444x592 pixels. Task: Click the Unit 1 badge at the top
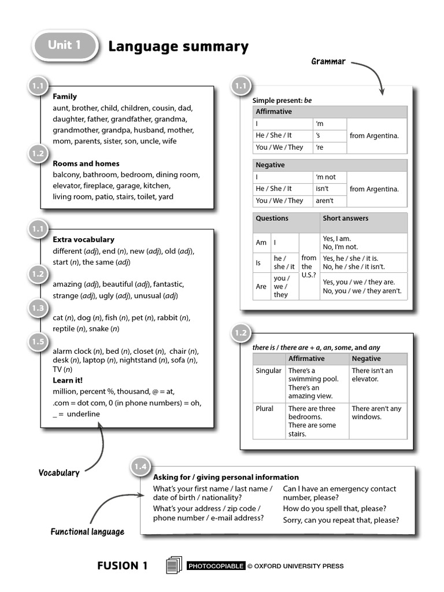coord(64,46)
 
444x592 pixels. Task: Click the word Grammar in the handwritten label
coord(328,61)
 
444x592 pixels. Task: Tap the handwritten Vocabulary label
coord(59,473)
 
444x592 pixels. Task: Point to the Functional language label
coord(87,532)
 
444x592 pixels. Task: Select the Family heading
coord(65,97)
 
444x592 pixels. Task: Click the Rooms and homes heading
coord(86,164)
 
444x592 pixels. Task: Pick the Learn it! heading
coord(68,380)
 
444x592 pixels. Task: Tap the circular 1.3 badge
coord(38,308)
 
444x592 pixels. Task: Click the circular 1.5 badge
coord(38,342)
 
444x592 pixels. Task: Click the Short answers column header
coord(345,219)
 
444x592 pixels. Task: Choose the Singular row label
coord(269,371)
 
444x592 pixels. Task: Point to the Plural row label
coord(264,409)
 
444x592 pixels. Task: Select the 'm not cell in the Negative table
coord(325,177)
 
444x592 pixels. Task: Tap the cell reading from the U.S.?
coord(309,267)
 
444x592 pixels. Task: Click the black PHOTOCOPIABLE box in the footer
coord(216,566)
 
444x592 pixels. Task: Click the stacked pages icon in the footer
coord(173,565)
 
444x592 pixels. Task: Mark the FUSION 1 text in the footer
coord(122,566)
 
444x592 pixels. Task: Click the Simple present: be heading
coord(282,101)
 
